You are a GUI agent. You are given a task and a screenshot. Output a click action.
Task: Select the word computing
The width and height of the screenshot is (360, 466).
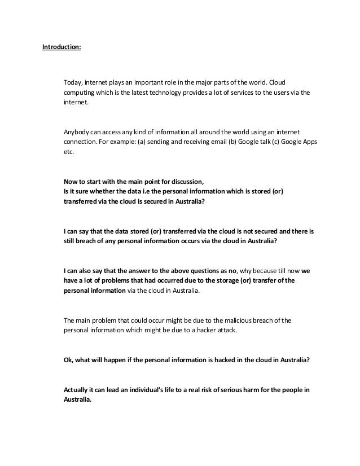79,93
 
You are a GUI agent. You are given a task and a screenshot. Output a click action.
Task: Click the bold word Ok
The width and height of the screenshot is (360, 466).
67,364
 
